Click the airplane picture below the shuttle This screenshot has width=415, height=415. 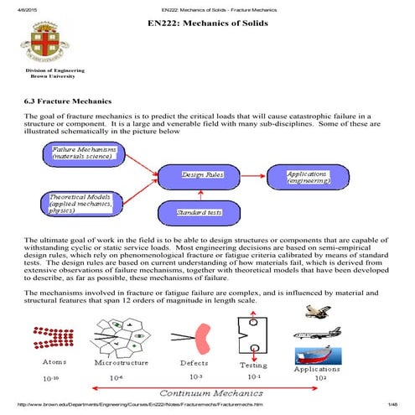coord(315,332)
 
